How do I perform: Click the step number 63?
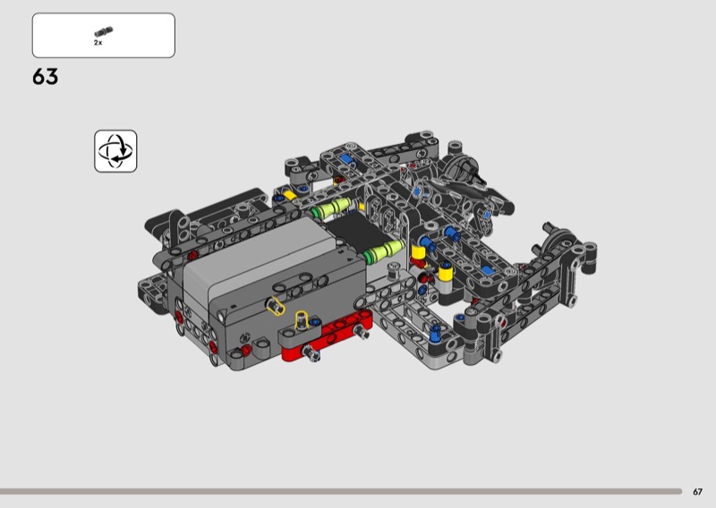click(46, 77)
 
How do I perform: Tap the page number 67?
click(697, 492)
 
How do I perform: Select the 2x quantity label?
click(98, 42)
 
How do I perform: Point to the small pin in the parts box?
click(104, 31)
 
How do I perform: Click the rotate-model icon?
click(115, 151)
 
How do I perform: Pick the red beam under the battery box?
click(327, 337)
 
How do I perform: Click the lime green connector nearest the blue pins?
click(386, 251)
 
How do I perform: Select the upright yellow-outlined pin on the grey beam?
click(302, 320)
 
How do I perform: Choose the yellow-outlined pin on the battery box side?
click(275, 305)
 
